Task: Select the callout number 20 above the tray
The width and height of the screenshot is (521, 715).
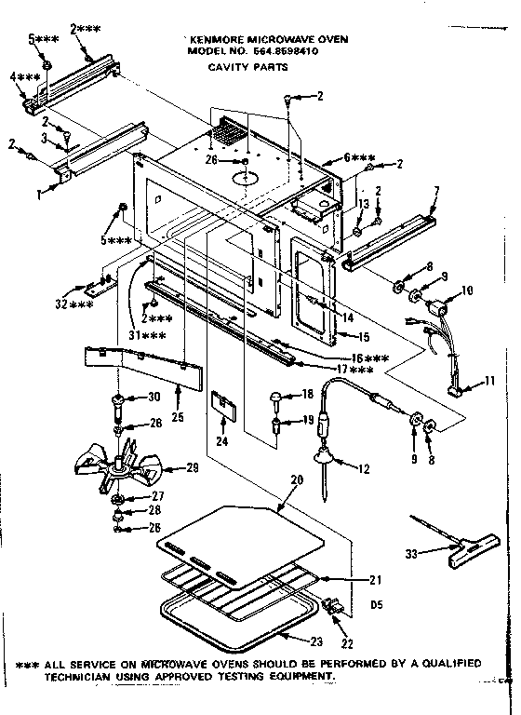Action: (x=298, y=479)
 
